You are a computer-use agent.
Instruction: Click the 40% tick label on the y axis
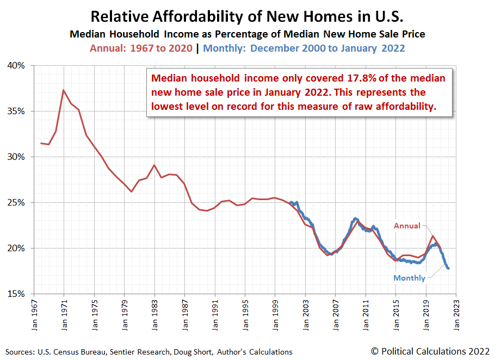pyautogui.click(x=17, y=66)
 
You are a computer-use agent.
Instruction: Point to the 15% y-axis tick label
pyautogui.click(x=17, y=294)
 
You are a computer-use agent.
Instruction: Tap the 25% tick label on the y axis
pyautogui.click(x=17, y=202)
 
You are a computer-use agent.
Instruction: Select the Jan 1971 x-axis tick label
pyautogui.click(x=64, y=314)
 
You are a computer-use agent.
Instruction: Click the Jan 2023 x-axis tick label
pyautogui.click(x=456, y=314)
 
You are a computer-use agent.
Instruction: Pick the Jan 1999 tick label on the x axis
pyautogui.click(x=275, y=314)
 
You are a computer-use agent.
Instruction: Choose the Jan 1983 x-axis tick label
pyautogui.click(x=154, y=314)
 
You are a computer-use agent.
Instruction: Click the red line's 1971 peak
pyautogui.click(x=64, y=90)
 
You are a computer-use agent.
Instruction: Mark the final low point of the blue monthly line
pyautogui.click(x=448, y=268)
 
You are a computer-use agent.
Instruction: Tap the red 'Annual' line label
pyautogui.click(x=407, y=226)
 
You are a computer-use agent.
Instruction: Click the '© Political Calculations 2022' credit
pyautogui.click(x=429, y=351)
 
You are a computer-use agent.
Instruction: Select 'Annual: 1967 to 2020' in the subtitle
pyautogui.click(x=141, y=48)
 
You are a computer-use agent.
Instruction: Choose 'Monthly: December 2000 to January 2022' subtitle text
pyautogui.click(x=304, y=48)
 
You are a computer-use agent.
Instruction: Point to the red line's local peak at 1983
pyautogui.click(x=154, y=165)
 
